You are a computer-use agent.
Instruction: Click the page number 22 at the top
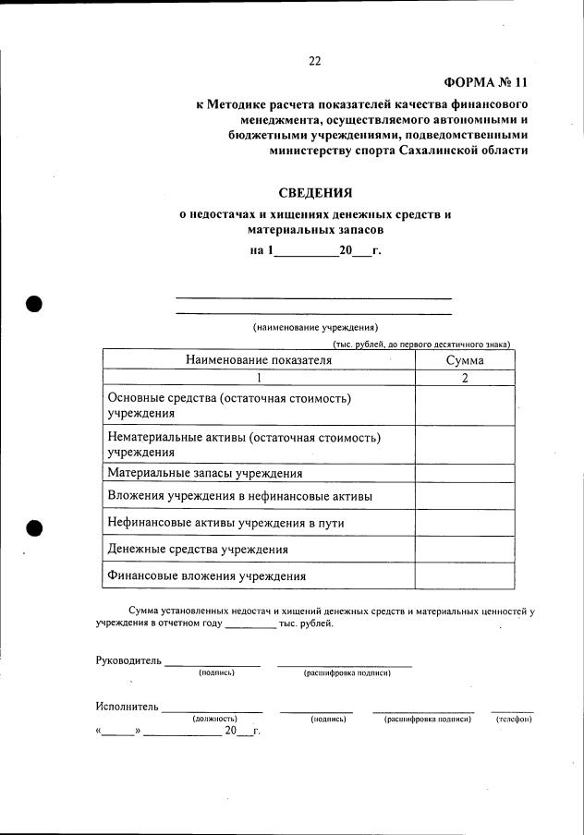click(314, 62)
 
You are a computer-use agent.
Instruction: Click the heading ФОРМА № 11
click(483, 82)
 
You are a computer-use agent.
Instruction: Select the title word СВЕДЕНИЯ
click(316, 193)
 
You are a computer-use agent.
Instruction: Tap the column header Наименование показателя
click(258, 360)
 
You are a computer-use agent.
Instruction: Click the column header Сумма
click(465, 360)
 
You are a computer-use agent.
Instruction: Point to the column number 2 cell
click(465, 378)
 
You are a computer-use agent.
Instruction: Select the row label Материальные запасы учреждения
click(205, 473)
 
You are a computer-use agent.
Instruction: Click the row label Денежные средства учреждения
click(198, 549)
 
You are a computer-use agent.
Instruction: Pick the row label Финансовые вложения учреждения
click(207, 576)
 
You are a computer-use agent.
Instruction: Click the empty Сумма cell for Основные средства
click(465, 405)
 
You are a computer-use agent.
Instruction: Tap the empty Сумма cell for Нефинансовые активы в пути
click(465, 522)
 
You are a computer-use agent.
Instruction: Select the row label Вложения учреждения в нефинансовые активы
click(240, 496)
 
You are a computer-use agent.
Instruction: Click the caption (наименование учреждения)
click(315, 327)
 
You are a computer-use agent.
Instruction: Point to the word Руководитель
click(128, 660)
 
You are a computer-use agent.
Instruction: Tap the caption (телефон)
click(513, 719)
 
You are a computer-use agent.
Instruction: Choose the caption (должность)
click(214, 719)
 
